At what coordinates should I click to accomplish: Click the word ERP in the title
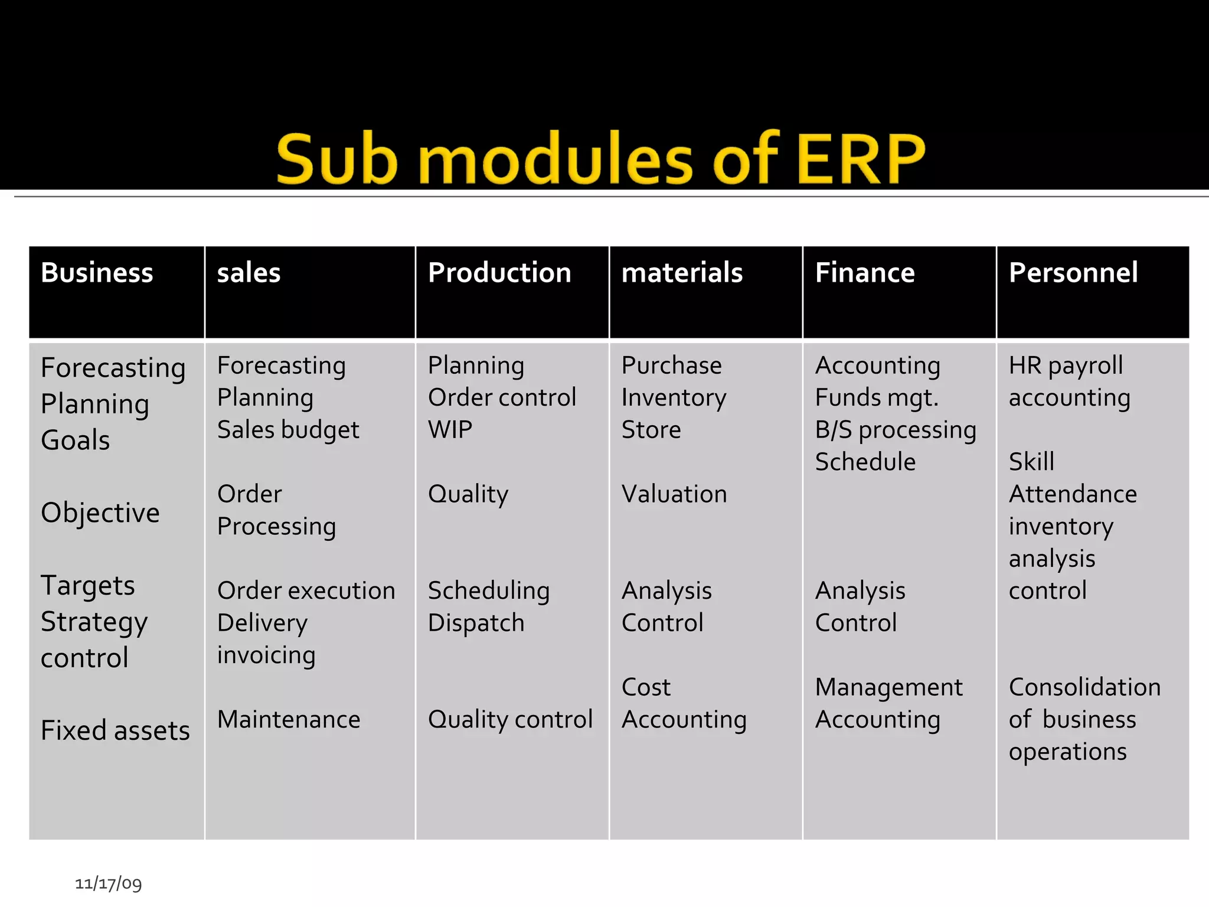pyautogui.click(x=860, y=158)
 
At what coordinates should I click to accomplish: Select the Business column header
pyautogui.click(x=97, y=273)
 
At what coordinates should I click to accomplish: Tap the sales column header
pyautogui.click(x=249, y=273)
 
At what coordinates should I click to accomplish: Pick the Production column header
pyautogui.click(x=499, y=273)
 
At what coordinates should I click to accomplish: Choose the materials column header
pyautogui.click(x=682, y=273)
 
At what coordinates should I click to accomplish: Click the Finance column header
pyautogui.click(x=865, y=273)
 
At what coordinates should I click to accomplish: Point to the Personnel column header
pyautogui.click(x=1073, y=273)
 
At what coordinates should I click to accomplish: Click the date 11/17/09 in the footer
pyautogui.click(x=108, y=883)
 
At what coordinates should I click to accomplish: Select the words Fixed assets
pyautogui.click(x=115, y=730)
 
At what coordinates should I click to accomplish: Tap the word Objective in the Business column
pyautogui.click(x=100, y=513)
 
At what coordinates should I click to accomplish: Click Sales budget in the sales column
pyautogui.click(x=288, y=430)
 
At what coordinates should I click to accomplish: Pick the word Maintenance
pyautogui.click(x=289, y=719)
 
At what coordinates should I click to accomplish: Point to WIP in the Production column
pyautogui.click(x=450, y=429)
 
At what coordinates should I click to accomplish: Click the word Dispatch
pyautogui.click(x=476, y=623)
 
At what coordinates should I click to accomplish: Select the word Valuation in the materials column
pyautogui.click(x=674, y=494)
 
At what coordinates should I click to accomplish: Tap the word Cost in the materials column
pyautogui.click(x=646, y=687)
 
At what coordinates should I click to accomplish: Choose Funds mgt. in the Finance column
pyautogui.click(x=877, y=398)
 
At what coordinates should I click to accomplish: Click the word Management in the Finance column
pyautogui.click(x=888, y=687)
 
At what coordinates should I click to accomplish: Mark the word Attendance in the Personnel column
pyautogui.click(x=1073, y=494)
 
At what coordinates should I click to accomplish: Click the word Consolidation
pyautogui.click(x=1084, y=687)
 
